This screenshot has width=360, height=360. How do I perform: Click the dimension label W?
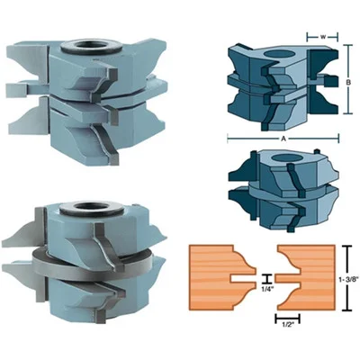(x=323, y=37)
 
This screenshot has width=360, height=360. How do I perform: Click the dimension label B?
(x=348, y=84)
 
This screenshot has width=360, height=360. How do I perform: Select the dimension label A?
(x=283, y=139)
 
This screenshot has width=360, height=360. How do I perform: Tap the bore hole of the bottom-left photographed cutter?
(x=91, y=207)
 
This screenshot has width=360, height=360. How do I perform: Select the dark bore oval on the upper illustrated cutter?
(x=280, y=54)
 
